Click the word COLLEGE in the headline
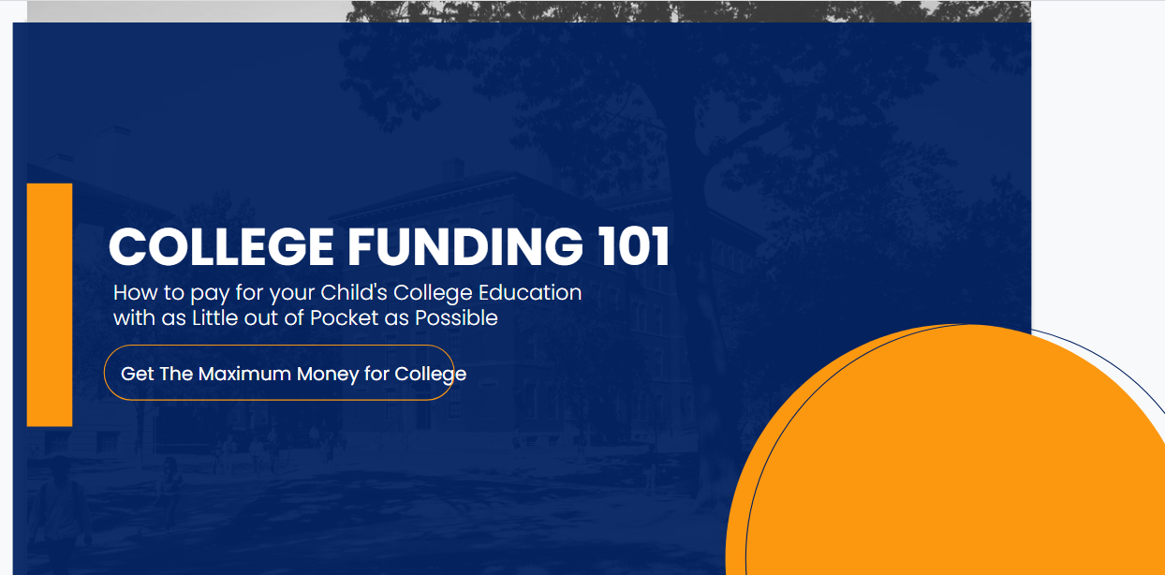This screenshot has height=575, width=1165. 221,247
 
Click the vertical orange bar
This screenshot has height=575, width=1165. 50,304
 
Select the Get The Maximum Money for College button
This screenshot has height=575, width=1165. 279,373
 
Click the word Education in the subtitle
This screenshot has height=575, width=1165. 531,292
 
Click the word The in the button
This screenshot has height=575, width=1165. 176,374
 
